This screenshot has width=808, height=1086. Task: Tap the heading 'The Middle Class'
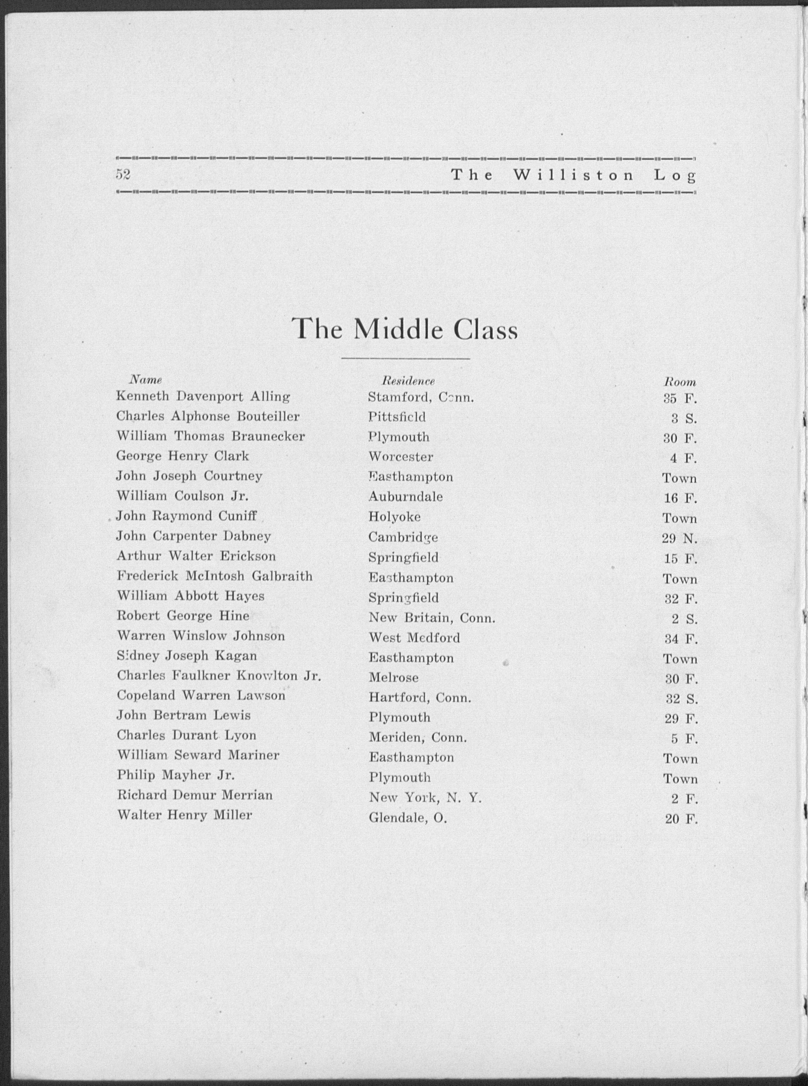(404, 329)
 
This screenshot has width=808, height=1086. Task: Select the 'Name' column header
(145, 380)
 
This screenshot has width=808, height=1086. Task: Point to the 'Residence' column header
(408, 381)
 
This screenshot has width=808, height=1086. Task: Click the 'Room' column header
(679, 382)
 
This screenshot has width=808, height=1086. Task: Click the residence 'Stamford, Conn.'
(421, 397)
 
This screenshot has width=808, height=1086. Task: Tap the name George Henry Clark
(183, 456)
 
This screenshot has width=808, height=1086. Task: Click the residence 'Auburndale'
(406, 497)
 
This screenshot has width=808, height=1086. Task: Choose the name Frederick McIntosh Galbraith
(214, 576)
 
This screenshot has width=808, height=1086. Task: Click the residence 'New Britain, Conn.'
(432, 618)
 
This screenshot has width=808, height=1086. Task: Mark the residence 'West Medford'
(414, 638)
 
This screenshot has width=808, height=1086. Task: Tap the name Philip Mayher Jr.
(176, 775)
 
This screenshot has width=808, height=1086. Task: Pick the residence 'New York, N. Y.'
(426, 798)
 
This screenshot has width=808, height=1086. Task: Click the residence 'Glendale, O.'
(408, 818)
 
